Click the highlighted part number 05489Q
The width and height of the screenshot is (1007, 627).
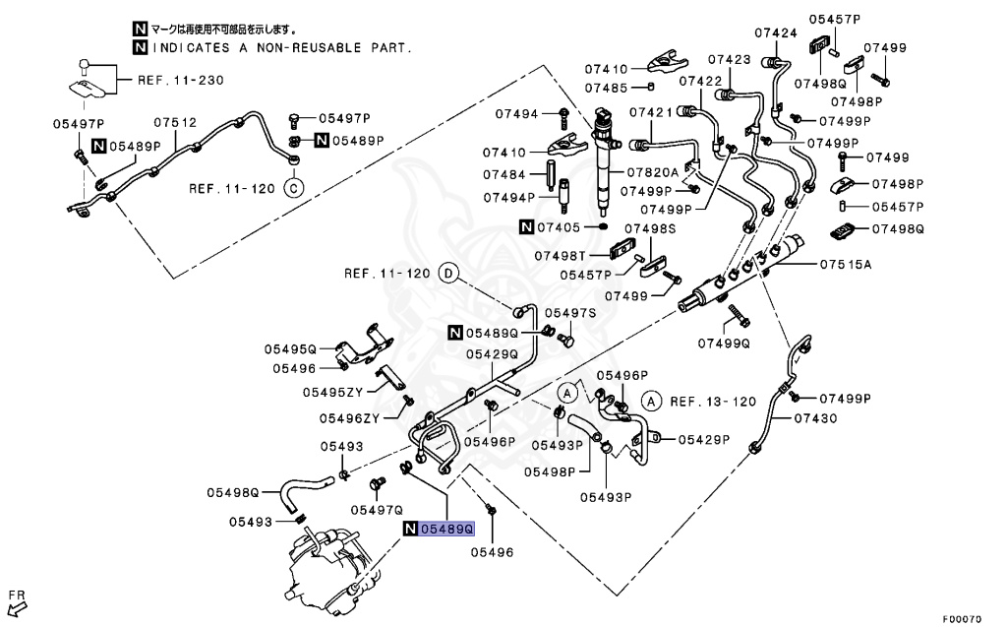tap(447, 530)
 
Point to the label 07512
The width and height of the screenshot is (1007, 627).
tap(175, 123)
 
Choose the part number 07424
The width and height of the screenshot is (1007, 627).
tap(776, 32)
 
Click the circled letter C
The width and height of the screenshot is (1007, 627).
tap(292, 187)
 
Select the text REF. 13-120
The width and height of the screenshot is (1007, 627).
tap(713, 402)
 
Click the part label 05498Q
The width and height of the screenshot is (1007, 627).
tap(233, 492)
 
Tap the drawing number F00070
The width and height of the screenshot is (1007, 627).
tap(963, 619)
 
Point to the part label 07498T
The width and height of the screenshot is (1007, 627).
tap(561, 255)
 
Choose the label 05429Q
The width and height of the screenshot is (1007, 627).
tap(492, 354)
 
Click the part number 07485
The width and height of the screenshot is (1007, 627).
tap(607, 89)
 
